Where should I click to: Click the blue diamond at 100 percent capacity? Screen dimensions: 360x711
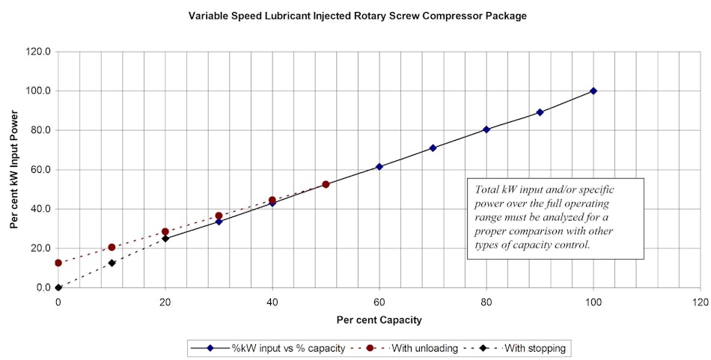click(593, 91)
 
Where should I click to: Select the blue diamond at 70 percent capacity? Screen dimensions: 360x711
click(433, 148)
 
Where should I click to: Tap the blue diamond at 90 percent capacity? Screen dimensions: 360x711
click(540, 112)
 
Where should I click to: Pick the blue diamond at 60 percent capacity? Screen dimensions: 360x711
click(379, 167)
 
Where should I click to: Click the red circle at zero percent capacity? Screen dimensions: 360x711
click(58, 263)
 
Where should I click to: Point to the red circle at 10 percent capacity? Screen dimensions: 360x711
click(112, 247)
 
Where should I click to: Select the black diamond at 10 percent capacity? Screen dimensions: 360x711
click(112, 263)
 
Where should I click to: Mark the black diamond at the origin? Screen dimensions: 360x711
click(58, 287)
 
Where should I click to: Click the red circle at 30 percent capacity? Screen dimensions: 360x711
click(219, 216)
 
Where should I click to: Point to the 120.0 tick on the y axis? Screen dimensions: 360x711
click(38, 52)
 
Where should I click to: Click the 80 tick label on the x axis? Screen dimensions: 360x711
click(486, 302)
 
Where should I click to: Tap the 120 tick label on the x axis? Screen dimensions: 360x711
click(701, 302)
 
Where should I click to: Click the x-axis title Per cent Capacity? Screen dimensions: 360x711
click(379, 320)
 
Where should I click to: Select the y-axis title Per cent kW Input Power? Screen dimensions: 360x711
click(14, 169)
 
